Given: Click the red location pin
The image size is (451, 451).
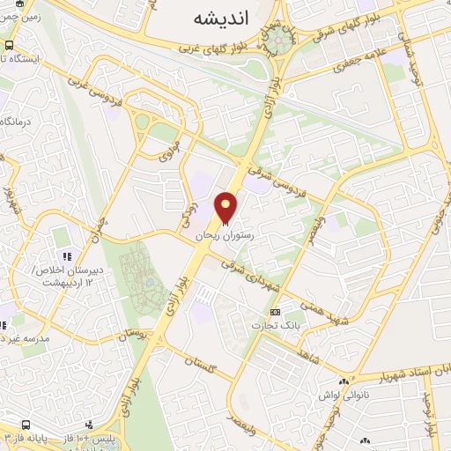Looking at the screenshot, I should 227,206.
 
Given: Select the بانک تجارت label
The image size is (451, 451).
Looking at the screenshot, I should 276,325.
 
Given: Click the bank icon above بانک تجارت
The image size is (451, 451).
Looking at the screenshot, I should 276,312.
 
